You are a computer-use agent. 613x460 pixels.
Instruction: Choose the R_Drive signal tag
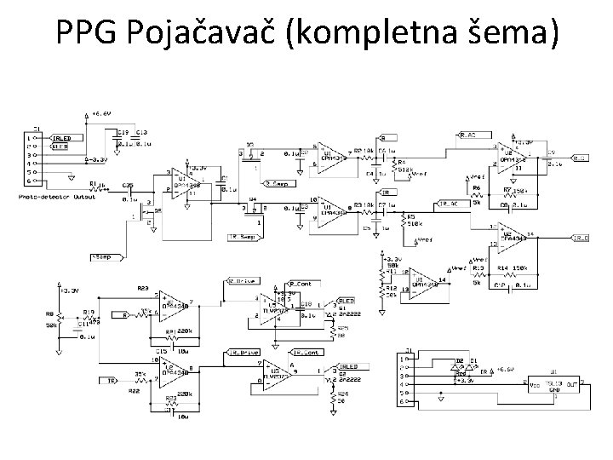(x=243, y=279)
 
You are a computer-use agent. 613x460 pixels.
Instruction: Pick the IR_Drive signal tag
(x=243, y=351)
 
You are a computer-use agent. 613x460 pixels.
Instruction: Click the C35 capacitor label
(x=128, y=185)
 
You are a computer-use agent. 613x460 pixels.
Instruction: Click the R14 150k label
(x=514, y=269)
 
